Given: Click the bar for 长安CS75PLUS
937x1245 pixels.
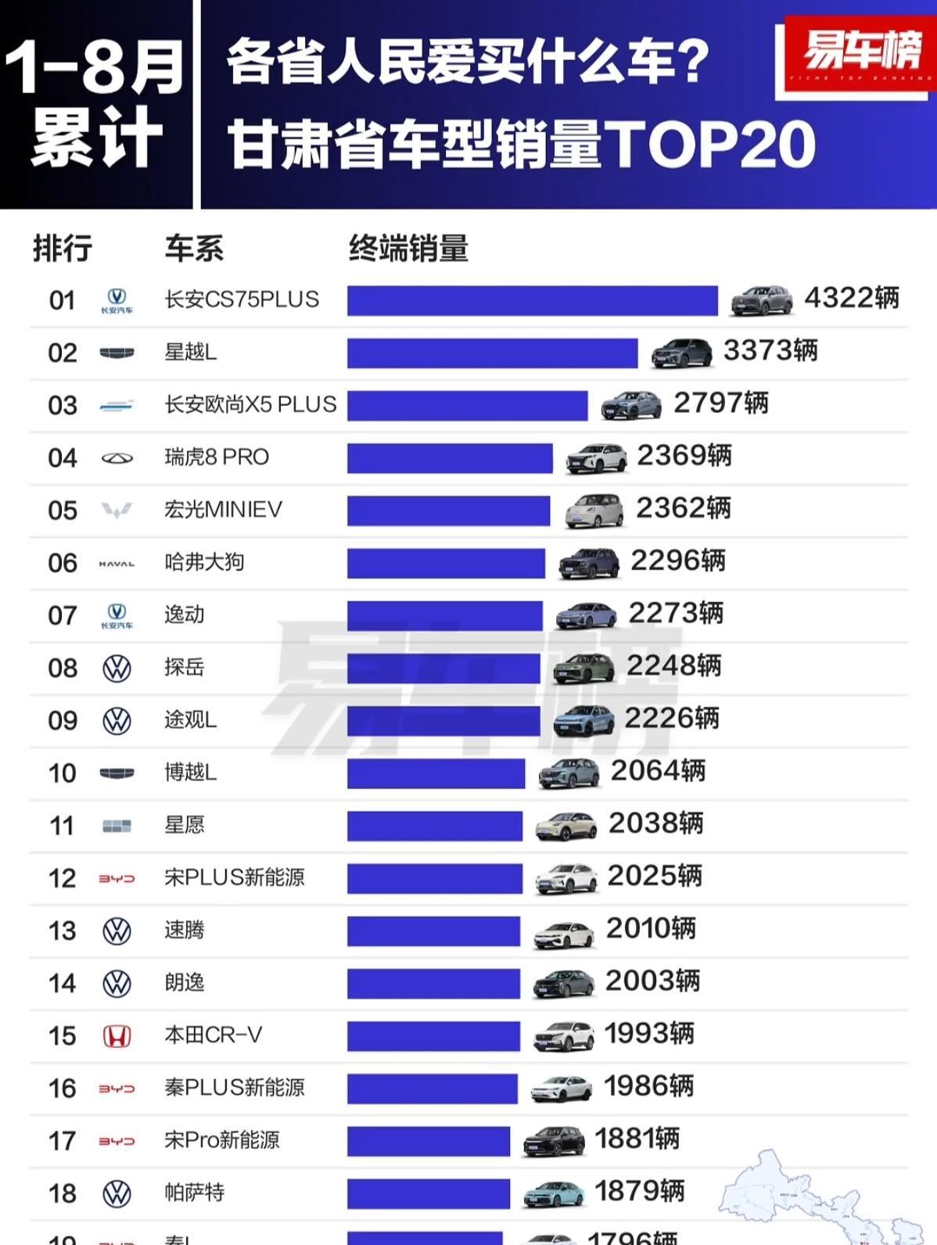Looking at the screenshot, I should (532, 301).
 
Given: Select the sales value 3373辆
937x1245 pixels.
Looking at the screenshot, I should (770, 351).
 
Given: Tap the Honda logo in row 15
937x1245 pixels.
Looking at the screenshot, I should (117, 1036).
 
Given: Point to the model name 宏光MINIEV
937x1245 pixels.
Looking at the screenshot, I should (223, 510).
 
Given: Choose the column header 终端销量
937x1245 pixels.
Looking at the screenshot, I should (408, 249).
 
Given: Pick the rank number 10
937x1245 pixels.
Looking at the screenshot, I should (63, 773).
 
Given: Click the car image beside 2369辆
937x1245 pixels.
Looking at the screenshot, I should (596, 458).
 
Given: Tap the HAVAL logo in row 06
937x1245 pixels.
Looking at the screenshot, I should (117, 563).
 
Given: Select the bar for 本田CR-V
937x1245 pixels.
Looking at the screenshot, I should (433, 1036).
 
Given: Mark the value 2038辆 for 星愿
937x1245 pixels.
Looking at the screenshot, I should (655, 823).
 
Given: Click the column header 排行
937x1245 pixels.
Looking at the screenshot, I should (63, 249).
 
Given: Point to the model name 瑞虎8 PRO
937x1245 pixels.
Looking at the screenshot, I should (217, 457).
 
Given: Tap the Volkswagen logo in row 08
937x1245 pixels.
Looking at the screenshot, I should (117, 669).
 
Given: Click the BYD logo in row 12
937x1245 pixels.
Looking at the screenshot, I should (117, 879).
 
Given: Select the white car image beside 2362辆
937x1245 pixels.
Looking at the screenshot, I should (594, 511).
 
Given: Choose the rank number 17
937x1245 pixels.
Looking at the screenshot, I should (63, 1141).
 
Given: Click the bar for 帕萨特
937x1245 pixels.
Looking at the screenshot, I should (429, 1193).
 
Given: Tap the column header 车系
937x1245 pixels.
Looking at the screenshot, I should (194, 249).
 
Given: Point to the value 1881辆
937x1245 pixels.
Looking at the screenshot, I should (637, 1139).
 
